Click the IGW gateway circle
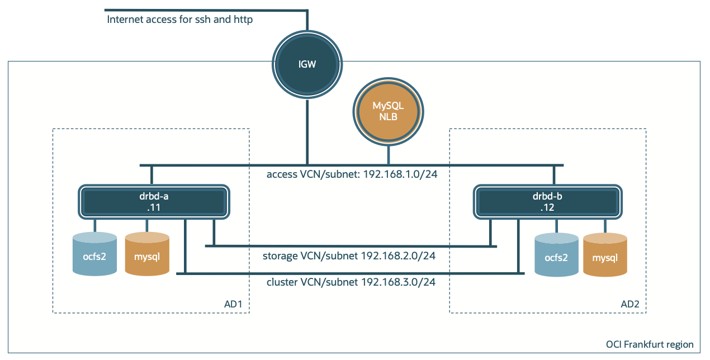307,64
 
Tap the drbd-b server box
547,201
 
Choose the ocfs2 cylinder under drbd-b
556,255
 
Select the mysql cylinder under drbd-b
605,255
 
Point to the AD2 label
629,305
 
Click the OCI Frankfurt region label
650,344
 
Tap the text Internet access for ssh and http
179,20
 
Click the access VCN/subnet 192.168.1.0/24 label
352,174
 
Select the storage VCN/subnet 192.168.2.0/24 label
349,256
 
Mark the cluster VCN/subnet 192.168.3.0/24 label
351,282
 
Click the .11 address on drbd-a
154,207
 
